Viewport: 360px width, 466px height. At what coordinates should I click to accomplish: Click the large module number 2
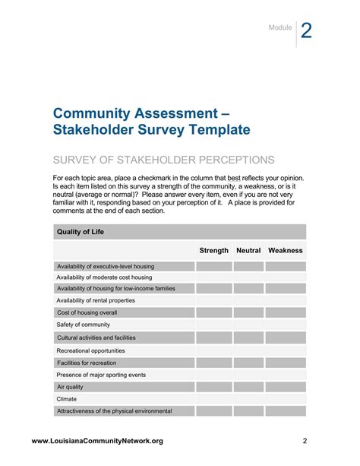tap(306, 30)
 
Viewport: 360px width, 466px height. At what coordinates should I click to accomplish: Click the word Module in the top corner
tap(279, 28)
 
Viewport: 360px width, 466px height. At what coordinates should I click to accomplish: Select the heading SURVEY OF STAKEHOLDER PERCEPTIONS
tap(163, 160)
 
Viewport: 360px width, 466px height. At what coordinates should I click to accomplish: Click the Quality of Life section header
tap(80, 231)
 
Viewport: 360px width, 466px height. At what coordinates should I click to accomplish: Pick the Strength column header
tap(213, 250)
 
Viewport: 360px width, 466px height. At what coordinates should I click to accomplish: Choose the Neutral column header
tap(248, 250)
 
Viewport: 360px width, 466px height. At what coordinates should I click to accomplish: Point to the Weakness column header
tap(286, 250)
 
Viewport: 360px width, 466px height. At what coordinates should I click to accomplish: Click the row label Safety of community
tap(84, 325)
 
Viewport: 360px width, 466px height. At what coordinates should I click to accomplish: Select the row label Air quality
tap(70, 387)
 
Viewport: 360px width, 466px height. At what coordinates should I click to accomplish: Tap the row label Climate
tap(67, 398)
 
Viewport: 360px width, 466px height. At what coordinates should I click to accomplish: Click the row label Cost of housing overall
tap(87, 312)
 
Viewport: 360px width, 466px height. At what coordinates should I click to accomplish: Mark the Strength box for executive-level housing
tap(213, 266)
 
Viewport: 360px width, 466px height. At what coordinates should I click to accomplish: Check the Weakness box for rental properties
tap(286, 301)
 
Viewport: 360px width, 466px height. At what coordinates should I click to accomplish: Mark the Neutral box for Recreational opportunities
tap(248, 350)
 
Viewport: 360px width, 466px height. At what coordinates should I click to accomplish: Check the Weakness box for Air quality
tap(286, 387)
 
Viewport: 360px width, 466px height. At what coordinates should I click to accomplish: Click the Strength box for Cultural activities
tap(213, 337)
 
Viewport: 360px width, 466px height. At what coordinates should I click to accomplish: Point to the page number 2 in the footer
tap(304, 441)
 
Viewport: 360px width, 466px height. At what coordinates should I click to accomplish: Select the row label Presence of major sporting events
tap(101, 375)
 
